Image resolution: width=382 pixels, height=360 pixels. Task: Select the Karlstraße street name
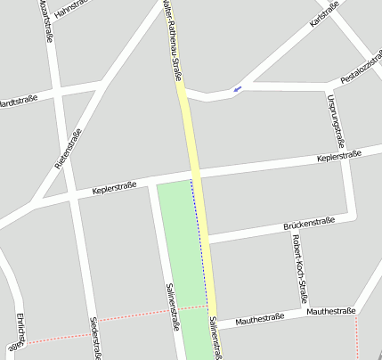tap(324, 14)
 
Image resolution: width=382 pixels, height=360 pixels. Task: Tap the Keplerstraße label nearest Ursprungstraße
tap(339, 156)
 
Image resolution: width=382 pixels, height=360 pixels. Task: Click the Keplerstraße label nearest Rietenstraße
tap(114, 187)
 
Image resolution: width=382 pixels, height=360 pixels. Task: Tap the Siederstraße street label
tap(95, 338)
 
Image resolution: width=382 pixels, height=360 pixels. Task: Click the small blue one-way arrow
tap(237, 88)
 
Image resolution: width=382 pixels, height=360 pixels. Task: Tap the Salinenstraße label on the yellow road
tap(215, 338)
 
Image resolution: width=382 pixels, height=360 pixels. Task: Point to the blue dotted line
tap(199, 241)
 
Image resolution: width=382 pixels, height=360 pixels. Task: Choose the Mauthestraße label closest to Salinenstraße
tap(259, 318)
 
